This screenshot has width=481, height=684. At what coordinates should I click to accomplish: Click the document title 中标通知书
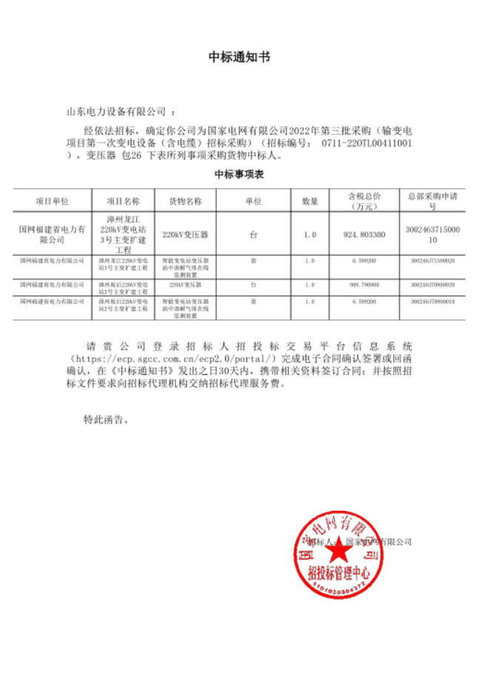tap(240, 57)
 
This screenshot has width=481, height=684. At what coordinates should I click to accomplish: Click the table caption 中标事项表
tap(240, 175)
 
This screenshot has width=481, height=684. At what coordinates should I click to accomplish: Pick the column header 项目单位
tap(52, 200)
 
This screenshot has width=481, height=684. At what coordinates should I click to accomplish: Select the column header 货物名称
tap(185, 200)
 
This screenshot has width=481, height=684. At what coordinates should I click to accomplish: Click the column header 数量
tap(309, 200)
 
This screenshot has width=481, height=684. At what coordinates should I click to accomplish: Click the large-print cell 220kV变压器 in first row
tap(185, 234)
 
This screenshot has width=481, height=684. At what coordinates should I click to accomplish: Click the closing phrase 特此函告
tap(106, 419)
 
